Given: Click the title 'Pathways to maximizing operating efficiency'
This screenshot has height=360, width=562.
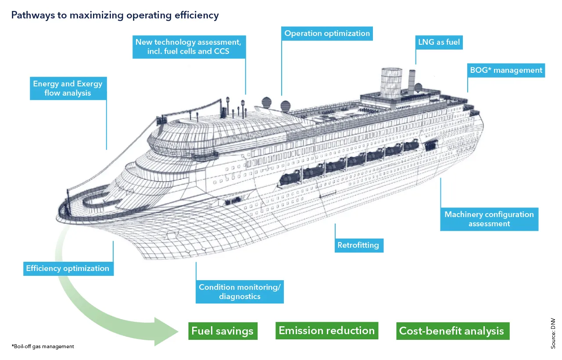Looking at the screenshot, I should pyautogui.click(x=115, y=16).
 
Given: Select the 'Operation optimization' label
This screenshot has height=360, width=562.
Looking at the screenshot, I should pyautogui.click(x=327, y=33).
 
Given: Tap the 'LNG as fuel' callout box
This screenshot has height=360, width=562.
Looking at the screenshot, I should pyautogui.click(x=439, y=43).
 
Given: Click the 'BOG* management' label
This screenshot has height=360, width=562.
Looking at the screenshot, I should pyautogui.click(x=506, y=70).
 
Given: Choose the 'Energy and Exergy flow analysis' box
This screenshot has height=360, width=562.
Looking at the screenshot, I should pyautogui.click(x=68, y=88).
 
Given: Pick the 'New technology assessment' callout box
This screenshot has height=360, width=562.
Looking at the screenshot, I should pyautogui.click(x=188, y=47).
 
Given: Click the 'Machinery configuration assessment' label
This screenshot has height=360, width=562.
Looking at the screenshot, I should pyautogui.click(x=489, y=219).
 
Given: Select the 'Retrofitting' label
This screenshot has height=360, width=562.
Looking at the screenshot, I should pyautogui.click(x=358, y=245).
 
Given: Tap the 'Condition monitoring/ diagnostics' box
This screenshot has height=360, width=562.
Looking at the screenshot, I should pyautogui.click(x=239, y=292).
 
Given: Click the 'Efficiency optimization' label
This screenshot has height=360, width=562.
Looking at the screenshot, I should pyautogui.click(x=68, y=268).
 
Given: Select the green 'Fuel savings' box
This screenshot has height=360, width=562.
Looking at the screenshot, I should pyautogui.click(x=222, y=331).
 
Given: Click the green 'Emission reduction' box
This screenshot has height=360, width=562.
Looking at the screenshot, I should pyautogui.click(x=326, y=330).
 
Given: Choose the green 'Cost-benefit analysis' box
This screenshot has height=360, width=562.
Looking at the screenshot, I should pyautogui.click(x=451, y=331).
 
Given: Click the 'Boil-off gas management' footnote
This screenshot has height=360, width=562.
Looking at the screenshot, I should pyautogui.click(x=43, y=346).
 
